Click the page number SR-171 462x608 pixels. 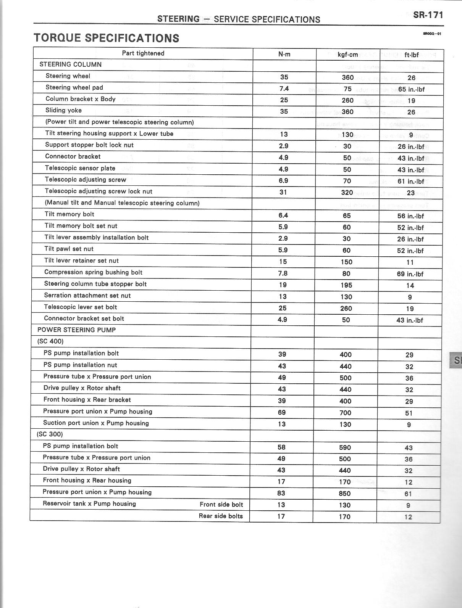(428, 15)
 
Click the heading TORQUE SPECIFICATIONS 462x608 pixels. (107, 38)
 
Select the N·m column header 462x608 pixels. (284, 54)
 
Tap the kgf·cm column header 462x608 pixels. (348, 55)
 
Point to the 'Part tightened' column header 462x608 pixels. (143, 53)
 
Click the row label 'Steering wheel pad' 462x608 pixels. (74, 87)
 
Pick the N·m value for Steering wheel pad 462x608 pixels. (284, 89)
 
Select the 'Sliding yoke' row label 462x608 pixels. (63, 110)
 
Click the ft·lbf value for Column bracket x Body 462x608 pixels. (411, 101)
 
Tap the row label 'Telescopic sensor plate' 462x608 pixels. (80, 168)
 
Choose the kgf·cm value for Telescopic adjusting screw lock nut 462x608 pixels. (347, 193)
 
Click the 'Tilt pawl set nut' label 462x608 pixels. (69, 249)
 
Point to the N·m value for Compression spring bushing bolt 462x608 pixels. (283, 273)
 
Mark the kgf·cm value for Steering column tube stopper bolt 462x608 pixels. (346, 285)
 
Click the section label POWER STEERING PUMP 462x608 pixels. (76, 330)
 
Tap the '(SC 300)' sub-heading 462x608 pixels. (50, 434)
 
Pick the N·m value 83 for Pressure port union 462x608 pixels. (281, 493)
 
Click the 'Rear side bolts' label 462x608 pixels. (221, 516)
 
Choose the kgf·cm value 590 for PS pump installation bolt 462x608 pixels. (345, 447)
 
